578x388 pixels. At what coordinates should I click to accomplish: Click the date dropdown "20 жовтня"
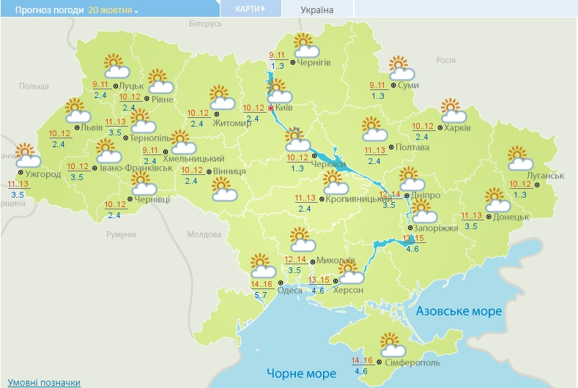click(113, 11)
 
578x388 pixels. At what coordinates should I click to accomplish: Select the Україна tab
click(316, 10)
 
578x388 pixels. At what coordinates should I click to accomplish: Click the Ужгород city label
click(45, 174)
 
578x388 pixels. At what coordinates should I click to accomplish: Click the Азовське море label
click(459, 311)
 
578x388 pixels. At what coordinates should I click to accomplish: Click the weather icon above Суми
click(401, 68)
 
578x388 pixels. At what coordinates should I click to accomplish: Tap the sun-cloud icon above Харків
click(453, 111)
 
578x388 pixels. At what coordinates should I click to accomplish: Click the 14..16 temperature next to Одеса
click(262, 285)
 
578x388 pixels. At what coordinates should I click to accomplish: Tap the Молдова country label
click(204, 235)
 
